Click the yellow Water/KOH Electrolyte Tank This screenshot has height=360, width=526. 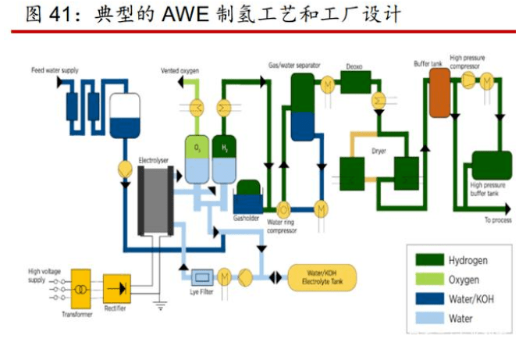(x=322, y=276)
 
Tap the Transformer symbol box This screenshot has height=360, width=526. (x=80, y=290)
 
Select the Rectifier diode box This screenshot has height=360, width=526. (x=117, y=288)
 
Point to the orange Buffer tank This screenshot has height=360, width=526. (x=439, y=92)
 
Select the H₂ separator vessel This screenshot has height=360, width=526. (x=224, y=161)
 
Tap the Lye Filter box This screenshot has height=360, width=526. (x=203, y=276)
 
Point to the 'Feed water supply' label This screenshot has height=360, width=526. (x=55, y=70)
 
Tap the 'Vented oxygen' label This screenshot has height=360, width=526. (x=180, y=71)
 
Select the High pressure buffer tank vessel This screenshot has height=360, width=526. (x=492, y=166)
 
